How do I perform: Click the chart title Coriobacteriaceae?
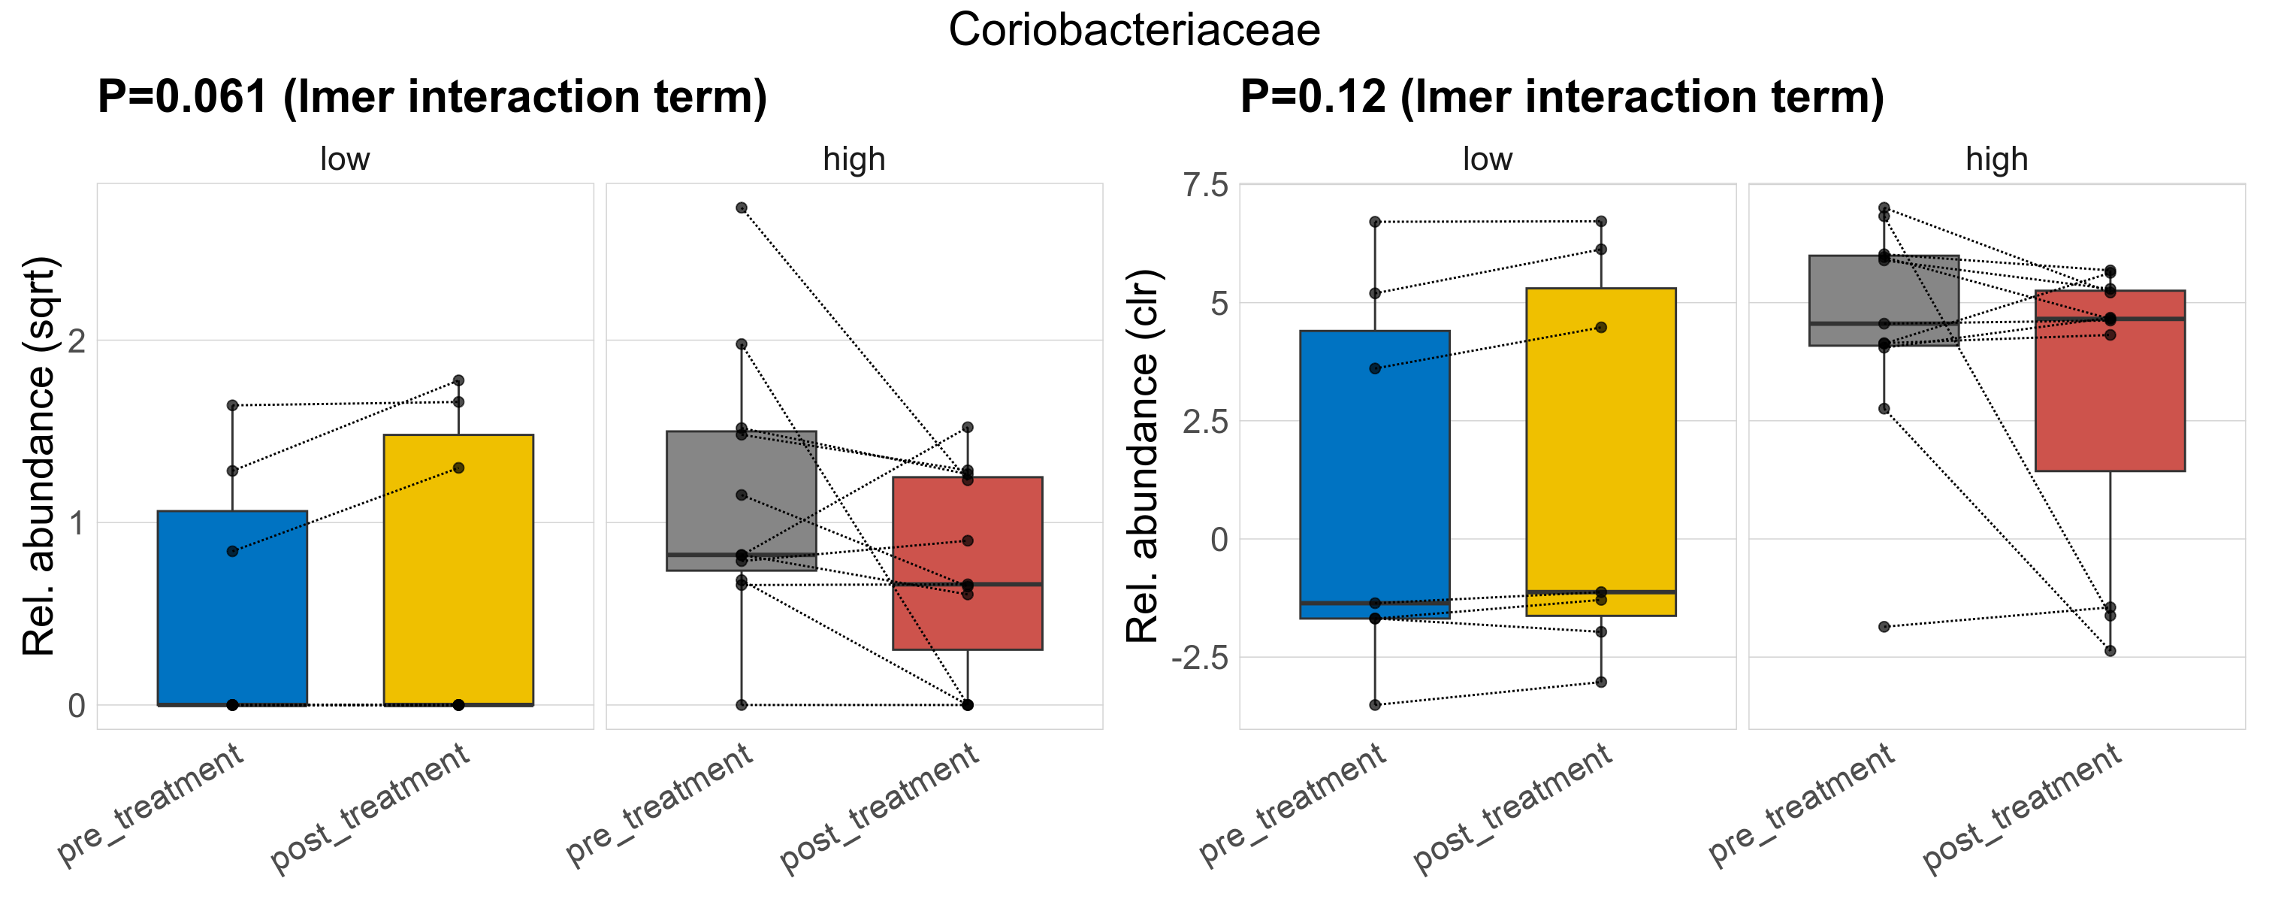click(1134, 31)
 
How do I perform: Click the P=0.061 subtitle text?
click(431, 97)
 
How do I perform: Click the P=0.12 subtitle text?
click(1562, 97)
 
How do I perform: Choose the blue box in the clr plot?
click(1375, 476)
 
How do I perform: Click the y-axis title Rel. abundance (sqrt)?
click(40, 456)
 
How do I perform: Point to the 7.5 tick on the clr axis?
click(1206, 186)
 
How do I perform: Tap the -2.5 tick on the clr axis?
click(1200, 658)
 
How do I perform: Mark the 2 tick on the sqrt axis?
click(77, 340)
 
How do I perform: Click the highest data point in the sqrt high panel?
click(742, 208)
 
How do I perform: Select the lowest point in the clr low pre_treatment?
click(1375, 705)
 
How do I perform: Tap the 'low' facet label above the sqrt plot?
click(344, 159)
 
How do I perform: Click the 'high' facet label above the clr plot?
click(1997, 159)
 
